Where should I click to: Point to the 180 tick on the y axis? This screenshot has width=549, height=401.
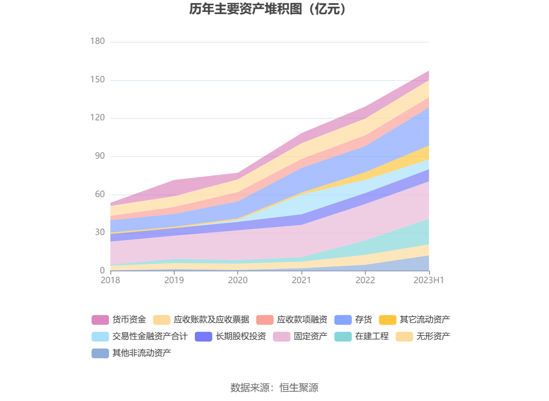tap(97, 41)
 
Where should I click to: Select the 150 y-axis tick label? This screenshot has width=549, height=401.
tap(97, 80)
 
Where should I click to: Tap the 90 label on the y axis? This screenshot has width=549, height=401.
tap(100, 156)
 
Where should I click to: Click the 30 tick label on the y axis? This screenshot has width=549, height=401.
tap(100, 232)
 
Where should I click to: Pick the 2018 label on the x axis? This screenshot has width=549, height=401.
tap(110, 280)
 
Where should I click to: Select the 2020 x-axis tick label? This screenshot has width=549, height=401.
tap(238, 280)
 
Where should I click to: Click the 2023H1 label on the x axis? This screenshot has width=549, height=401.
tap(429, 280)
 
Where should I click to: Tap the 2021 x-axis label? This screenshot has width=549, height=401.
tap(301, 280)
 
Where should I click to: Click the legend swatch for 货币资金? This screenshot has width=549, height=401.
tap(100, 320)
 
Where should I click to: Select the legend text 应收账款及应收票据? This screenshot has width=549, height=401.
tap(211, 319)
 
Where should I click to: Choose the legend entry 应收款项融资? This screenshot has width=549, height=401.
tap(302, 319)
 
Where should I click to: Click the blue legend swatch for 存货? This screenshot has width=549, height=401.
tap(343, 320)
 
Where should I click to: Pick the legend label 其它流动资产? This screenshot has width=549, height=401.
tap(425, 319)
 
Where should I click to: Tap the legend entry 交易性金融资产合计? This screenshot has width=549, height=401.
tap(150, 336)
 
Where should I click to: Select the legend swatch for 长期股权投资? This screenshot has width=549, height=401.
tap(203, 336)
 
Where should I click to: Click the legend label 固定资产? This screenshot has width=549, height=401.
tap(310, 336)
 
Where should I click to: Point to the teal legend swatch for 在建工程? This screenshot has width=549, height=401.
tap(343, 336)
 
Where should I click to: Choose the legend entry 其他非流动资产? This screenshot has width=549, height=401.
tap(142, 353)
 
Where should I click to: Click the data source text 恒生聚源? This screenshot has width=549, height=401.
tap(299, 387)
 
